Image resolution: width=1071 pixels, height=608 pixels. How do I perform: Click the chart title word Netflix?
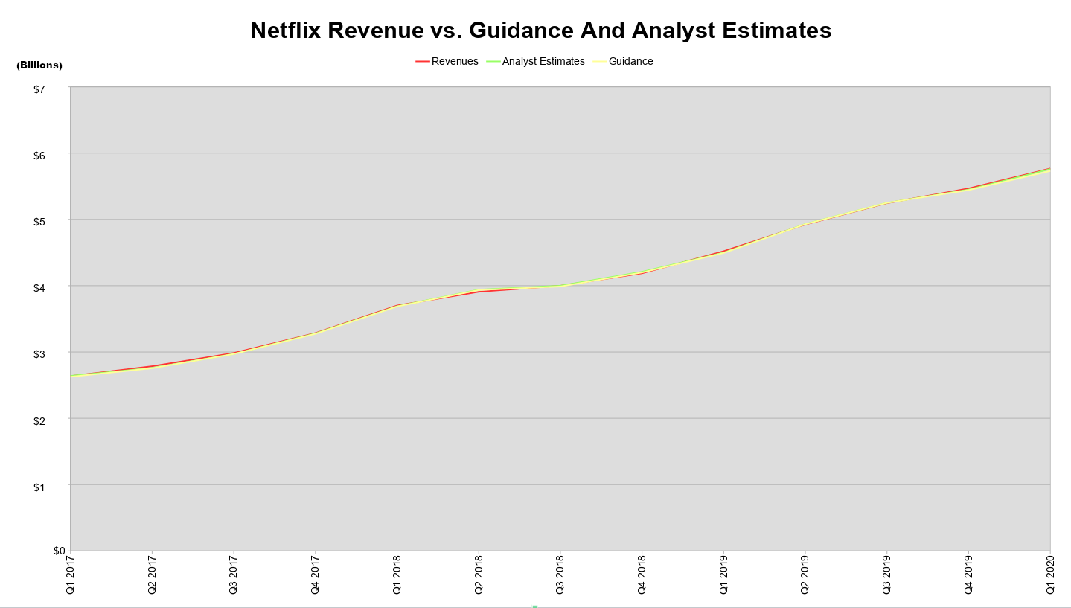pyautogui.click(x=285, y=30)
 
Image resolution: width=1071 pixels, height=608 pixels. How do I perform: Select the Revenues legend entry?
pyautogui.click(x=454, y=61)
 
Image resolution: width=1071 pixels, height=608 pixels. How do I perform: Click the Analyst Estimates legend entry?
pyautogui.click(x=543, y=61)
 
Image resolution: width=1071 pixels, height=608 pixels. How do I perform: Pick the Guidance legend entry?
pyautogui.click(x=630, y=61)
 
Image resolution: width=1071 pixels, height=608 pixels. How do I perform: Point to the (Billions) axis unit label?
pyautogui.click(x=39, y=65)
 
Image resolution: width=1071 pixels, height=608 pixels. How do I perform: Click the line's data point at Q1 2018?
pyautogui.click(x=397, y=305)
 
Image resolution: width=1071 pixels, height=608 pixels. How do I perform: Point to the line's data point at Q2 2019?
pyautogui.click(x=805, y=224)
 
